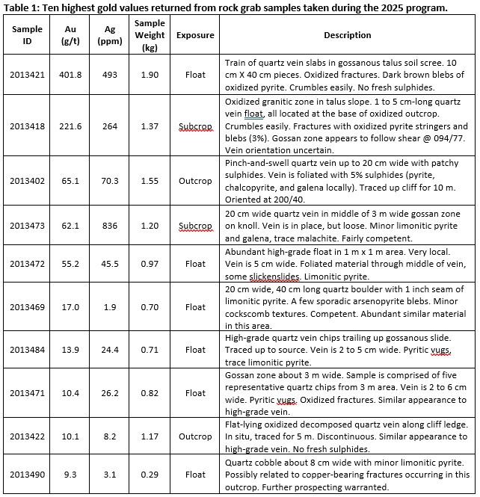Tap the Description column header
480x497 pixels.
click(x=347, y=35)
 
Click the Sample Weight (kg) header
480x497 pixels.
click(x=150, y=35)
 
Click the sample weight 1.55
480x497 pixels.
click(x=150, y=180)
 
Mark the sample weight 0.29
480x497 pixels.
click(x=150, y=473)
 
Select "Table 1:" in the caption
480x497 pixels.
click(x=23, y=8)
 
